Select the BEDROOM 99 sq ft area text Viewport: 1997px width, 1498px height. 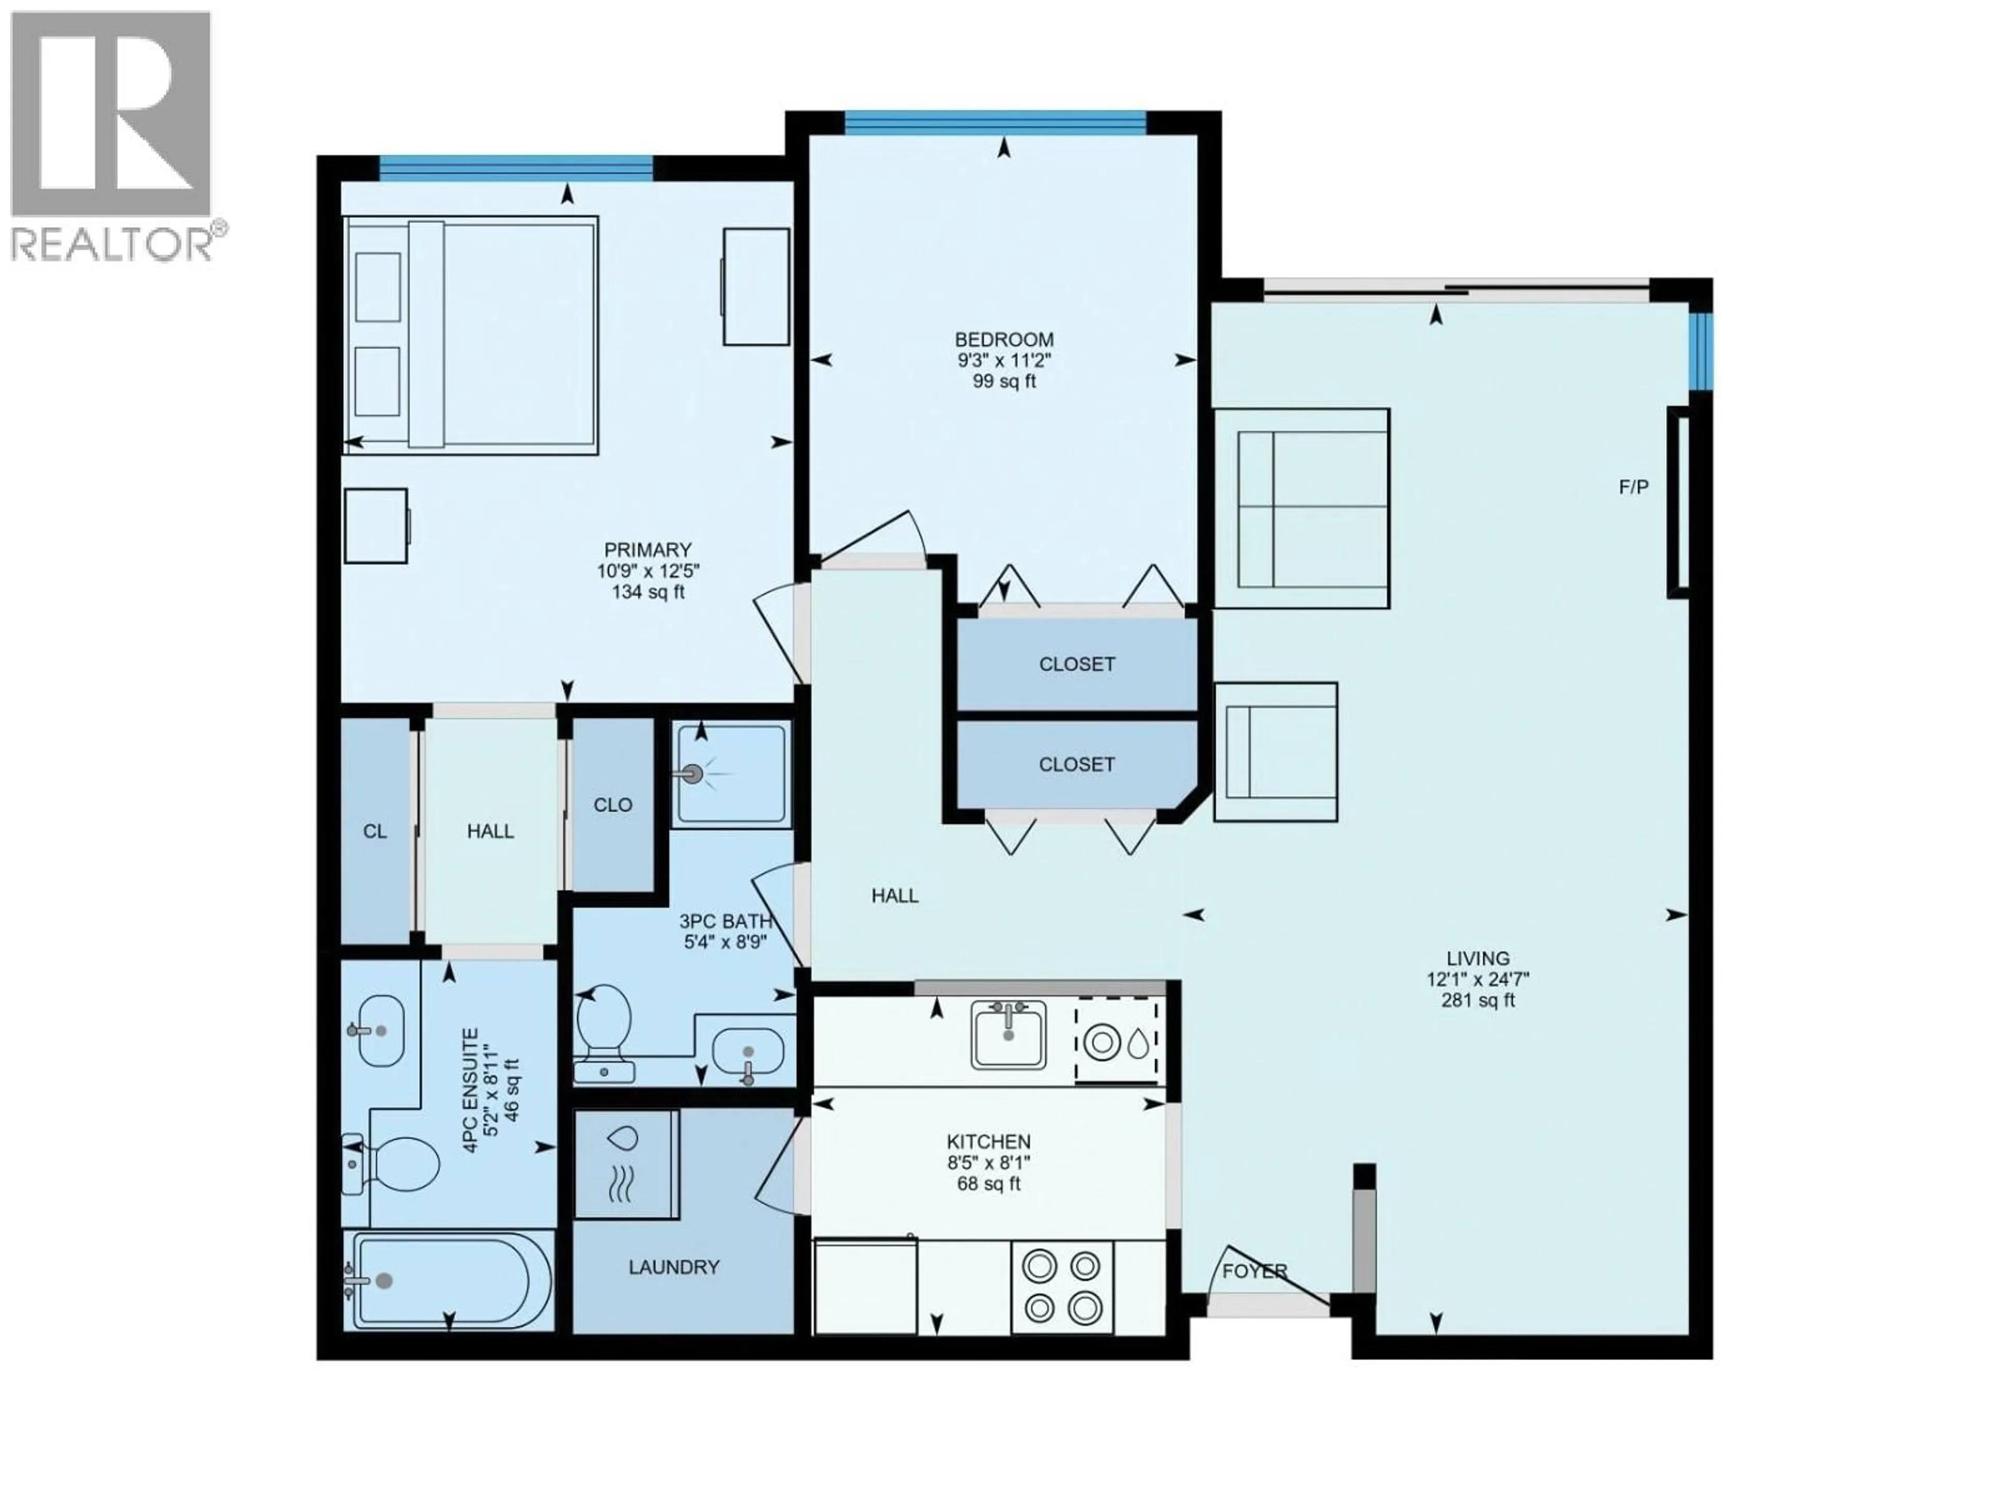click(1004, 381)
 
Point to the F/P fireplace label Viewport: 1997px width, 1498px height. click(1633, 487)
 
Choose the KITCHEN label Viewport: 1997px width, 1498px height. click(989, 1141)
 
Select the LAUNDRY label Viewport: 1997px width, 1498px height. click(673, 1267)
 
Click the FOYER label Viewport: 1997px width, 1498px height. click(1254, 1271)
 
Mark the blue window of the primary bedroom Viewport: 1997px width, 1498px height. click(515, 167)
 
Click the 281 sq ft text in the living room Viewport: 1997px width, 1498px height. click(1477, 1000)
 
